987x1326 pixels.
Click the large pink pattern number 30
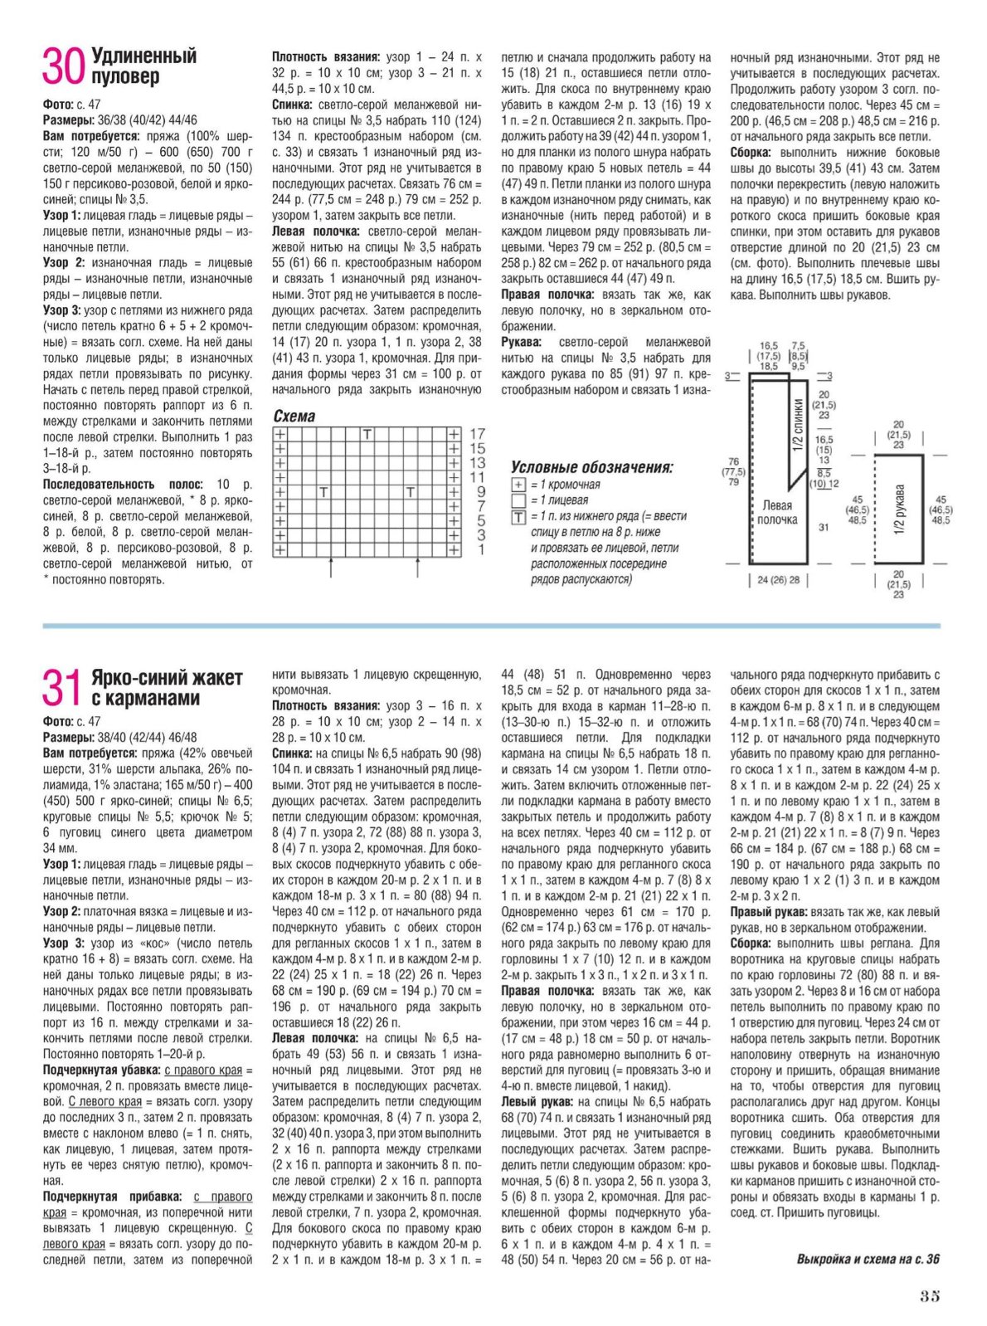coord(63,67)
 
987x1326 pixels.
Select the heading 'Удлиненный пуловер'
coord(143,66)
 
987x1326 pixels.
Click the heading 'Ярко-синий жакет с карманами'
coord(167,688)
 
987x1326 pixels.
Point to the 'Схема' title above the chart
coord(294,416)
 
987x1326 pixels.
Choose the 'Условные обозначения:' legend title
coord(592,467)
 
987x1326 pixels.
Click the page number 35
coord(929,1296)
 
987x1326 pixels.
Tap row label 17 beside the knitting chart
coord(477,434)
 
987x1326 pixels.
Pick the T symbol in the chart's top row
coord(367,434)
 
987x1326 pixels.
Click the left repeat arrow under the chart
coord(331,568)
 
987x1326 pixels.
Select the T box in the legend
coord(518,517)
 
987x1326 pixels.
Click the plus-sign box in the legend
coord(518,485)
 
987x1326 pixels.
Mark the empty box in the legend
coord(518,500)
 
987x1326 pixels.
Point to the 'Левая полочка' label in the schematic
coord(777,512)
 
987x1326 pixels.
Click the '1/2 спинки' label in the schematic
coord(797,425)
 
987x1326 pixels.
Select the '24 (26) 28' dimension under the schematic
coord(779,580)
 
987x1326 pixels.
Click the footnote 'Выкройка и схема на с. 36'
coord(868,1260)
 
